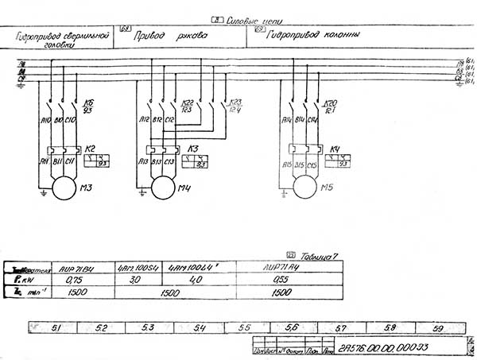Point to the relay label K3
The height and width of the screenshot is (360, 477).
tap(192, 148)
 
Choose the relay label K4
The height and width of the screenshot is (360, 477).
tap(335, 149)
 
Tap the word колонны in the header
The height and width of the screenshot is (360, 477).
tap(344, 36)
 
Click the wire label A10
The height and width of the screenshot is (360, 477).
tap(45, 120)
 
